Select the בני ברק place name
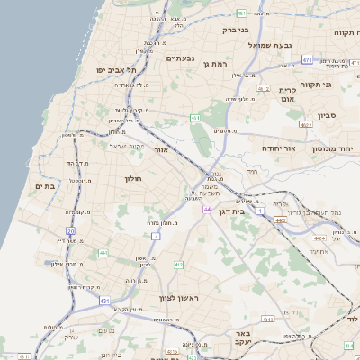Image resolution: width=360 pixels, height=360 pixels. (235, 30)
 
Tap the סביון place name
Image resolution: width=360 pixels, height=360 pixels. (327, 115)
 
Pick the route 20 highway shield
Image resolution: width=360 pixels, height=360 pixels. (70, 231)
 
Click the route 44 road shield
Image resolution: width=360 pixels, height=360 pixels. (207, 210)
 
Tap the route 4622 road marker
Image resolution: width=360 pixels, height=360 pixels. (306, 125)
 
